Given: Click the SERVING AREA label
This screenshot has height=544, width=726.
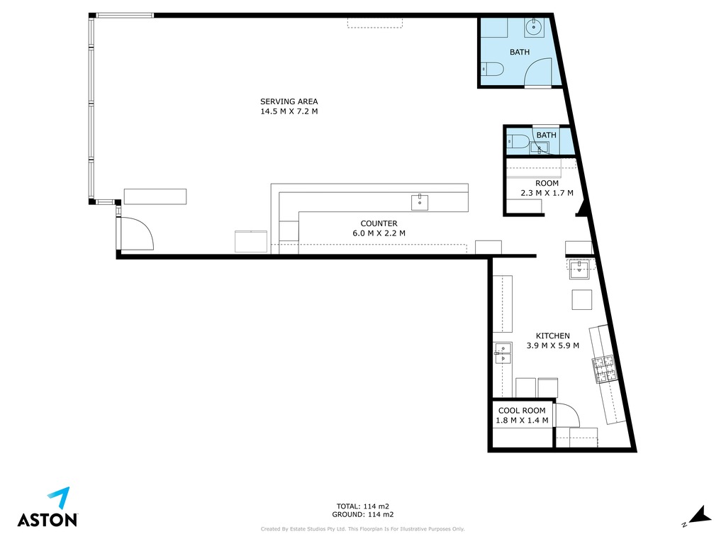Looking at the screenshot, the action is (x=289, y=101).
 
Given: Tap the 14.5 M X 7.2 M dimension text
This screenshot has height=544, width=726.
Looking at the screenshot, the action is (x=289, y=111).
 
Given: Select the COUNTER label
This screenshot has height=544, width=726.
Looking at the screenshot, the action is (x=379, y=223).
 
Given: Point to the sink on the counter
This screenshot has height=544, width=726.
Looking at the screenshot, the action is (x=420, y=203).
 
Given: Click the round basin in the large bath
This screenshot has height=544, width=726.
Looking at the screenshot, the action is (x=534, y=28).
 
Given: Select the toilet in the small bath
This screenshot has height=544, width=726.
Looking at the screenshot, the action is (x=518, y=141).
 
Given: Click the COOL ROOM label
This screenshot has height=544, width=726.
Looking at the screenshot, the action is (x=522, y=411).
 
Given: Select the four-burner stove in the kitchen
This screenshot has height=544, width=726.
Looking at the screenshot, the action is (x=604, y=370).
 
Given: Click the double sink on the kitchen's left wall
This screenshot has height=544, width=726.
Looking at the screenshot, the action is (x=503, y=353).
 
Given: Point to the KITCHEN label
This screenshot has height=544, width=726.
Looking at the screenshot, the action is (x=552, y=336).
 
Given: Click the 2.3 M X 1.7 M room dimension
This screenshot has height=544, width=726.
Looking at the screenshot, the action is (x=547, y=193).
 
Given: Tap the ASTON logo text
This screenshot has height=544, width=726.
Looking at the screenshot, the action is (x=48, y=519).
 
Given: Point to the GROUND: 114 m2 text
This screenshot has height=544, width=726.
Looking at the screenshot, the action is (x=362, y=514).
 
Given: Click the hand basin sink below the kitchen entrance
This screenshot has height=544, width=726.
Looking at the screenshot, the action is (x=579, y=270).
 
